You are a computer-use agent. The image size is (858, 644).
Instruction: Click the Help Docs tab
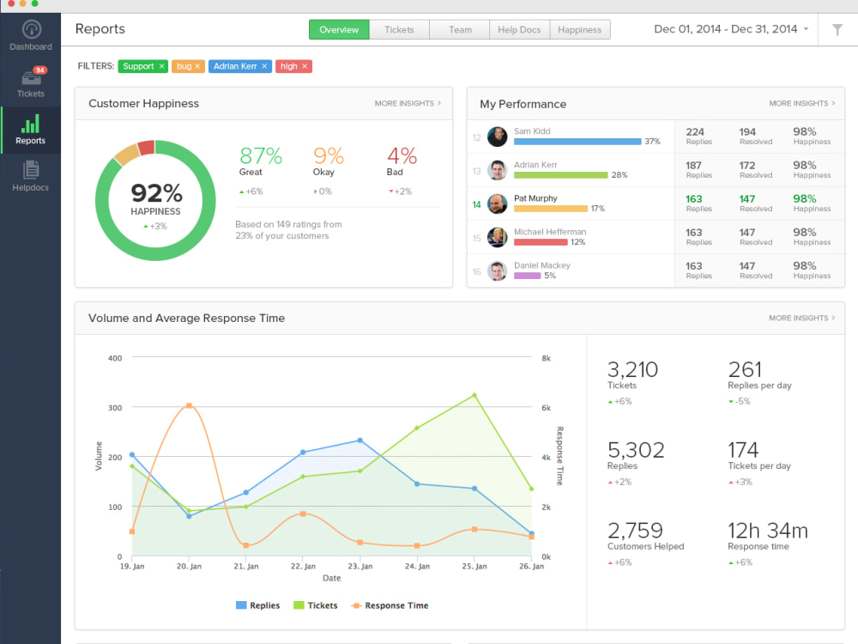[519, 29]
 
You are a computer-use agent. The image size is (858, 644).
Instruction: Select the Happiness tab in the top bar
[580, 29]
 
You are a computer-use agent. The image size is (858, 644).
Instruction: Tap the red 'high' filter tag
[293, 66]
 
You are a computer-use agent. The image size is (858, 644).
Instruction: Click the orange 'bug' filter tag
[188, 66]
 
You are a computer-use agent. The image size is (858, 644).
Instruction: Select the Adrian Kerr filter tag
[240, 66]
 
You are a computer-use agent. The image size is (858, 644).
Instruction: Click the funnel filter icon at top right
[837, 29]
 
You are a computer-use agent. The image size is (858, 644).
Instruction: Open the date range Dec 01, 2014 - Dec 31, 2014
[730, 29]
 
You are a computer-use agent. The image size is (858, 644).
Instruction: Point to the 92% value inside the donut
[156, 192]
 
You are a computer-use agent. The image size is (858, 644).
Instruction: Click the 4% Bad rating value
[402, 156]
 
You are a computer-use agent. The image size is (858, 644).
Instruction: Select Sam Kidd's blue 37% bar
[577, 142]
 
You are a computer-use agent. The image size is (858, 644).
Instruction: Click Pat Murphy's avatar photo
[497, 204]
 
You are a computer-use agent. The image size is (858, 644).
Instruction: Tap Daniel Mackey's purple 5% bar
[527, 276]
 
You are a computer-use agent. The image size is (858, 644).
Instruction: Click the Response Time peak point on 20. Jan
[189, 405]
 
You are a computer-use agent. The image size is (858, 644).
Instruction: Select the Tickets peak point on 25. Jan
[474, 396]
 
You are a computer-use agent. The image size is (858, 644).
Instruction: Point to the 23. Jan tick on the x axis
[360, 566]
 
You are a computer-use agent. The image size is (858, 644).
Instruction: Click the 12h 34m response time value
[767, 530]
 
